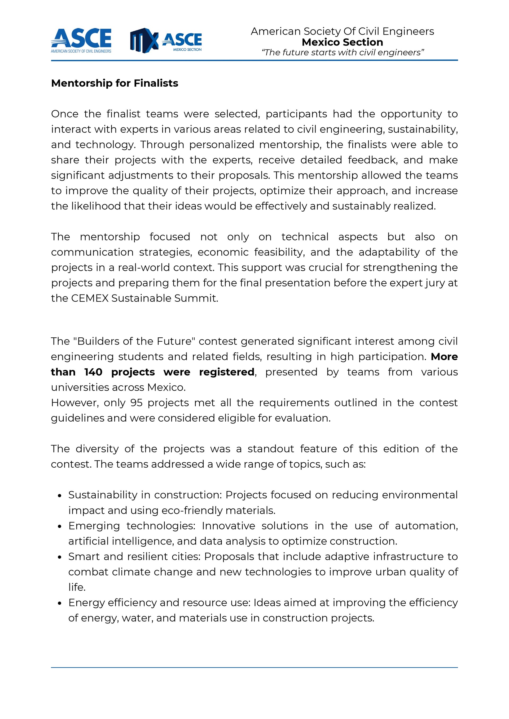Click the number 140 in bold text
tap(93, 372)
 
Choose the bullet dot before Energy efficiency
tap(59, 603)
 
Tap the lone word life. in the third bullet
tap(77, 587)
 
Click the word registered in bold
tap(227, 372)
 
